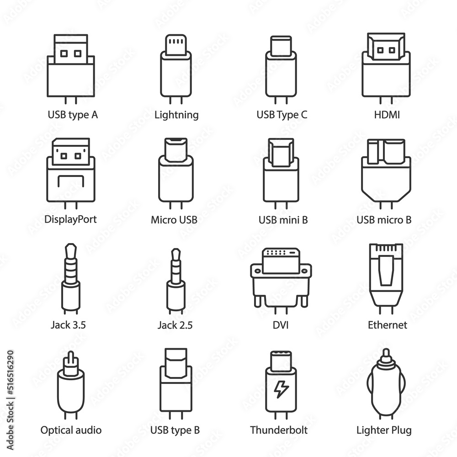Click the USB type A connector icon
70,69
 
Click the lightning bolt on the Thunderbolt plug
281,389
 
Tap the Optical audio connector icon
70,386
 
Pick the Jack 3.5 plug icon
71,279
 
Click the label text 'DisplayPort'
70,219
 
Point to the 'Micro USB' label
174,220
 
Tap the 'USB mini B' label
283,220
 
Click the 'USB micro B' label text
384,220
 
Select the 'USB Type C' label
282,115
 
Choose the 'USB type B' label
175,430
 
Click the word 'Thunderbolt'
279,430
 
